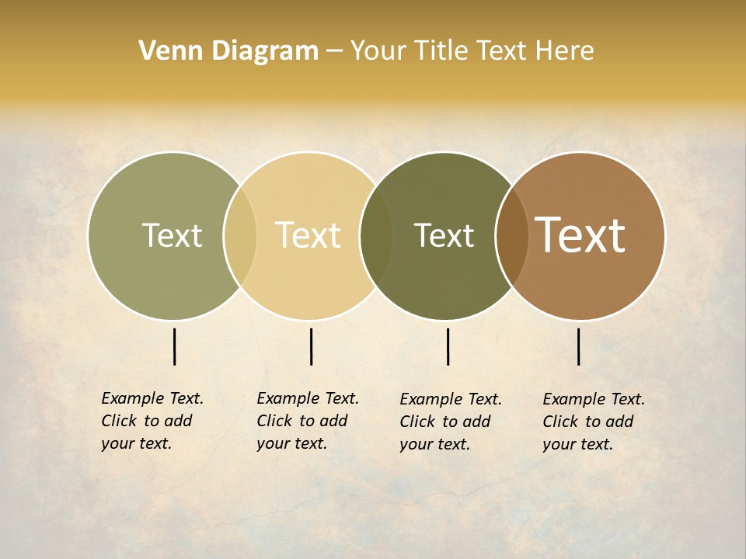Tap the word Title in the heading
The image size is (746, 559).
click(444, 51)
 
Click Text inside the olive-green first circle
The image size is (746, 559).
click(172, 235)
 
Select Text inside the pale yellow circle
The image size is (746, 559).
click(308, 235)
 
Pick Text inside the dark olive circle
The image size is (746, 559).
click(444, 235)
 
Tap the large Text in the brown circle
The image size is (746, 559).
click(580, 235)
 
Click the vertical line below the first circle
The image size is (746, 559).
click(175, 346)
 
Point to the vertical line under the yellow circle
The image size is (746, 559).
click(311, 346)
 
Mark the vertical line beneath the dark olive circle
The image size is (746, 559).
click(448, 346)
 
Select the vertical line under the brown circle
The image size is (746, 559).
click(579, 346)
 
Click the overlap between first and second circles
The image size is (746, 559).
click(240, 236)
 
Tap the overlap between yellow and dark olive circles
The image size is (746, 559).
click(376, 236)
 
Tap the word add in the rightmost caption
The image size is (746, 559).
click(619, 422)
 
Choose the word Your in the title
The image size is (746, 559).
click(378, 51)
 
